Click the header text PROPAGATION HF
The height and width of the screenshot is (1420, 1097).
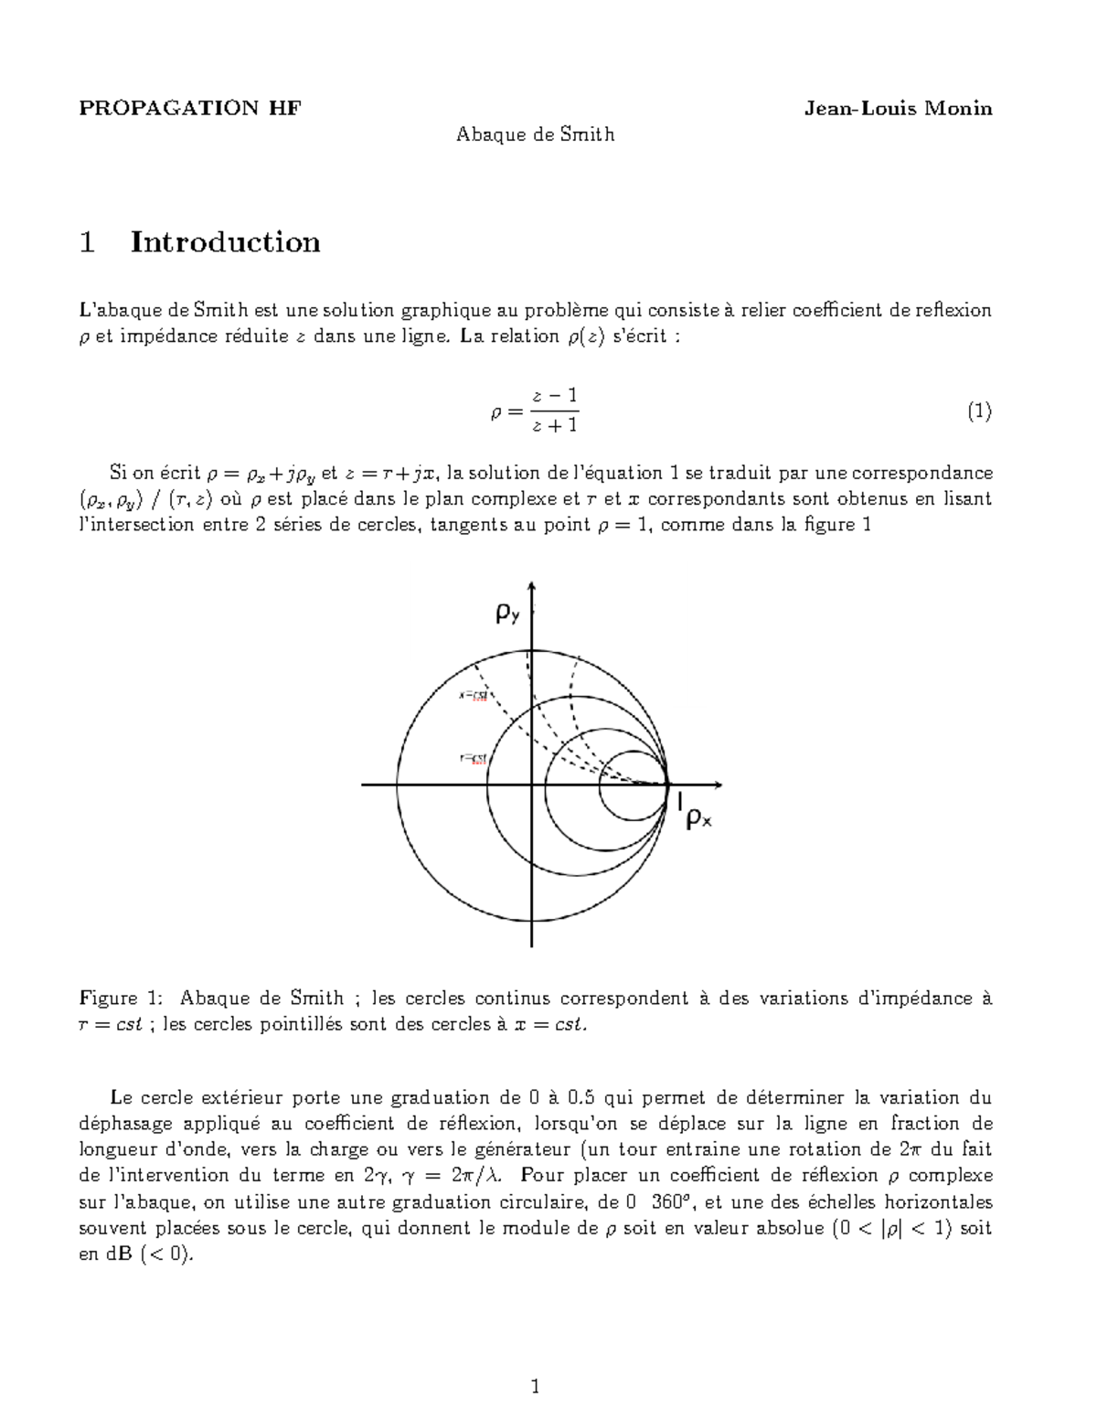click(189, 109)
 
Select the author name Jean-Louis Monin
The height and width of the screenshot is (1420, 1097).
click(897, 109)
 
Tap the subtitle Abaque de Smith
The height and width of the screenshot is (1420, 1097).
click(535, 135)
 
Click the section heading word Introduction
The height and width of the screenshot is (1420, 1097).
click(225, 242)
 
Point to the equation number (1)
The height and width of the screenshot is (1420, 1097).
click(979, 411)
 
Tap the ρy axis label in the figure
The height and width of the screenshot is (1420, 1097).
click(507, 615)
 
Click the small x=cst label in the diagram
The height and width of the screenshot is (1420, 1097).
click(474, 695)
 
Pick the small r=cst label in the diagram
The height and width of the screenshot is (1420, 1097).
click(472, 757)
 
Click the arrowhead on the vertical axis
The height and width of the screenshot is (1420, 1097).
click(532, 587)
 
